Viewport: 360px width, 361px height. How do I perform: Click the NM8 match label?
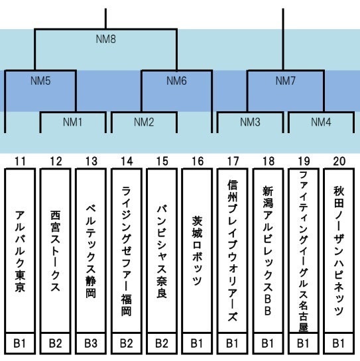click(106, 39)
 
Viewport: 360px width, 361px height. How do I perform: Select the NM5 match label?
click(40, 81)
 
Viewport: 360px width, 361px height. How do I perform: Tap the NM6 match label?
click(176, 81)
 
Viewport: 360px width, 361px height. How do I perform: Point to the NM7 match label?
click(286, 81)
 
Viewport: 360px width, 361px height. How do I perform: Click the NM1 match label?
click(73, 122)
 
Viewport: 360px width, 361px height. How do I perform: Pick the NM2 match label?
click(144, 122)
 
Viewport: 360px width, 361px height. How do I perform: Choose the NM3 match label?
click(250, 122)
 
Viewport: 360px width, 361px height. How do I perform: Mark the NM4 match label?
click(321, 122)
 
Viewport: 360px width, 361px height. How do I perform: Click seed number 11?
click(20, 162)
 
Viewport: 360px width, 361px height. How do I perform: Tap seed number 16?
click(198, 162)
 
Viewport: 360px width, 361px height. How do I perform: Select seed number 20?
click(339, 162)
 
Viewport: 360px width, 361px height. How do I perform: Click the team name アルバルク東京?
click(20, 251)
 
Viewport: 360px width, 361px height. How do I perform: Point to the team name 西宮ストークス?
click(55, 251)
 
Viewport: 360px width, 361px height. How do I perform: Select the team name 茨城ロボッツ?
click(198, 251)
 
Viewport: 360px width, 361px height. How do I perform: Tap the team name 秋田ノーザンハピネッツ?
click(339, 251)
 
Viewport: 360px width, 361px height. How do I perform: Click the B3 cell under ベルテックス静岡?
click(91, 343)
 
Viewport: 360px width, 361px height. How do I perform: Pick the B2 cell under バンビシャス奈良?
click(162, 343)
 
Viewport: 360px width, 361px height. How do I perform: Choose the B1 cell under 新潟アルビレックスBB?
click(268, 343)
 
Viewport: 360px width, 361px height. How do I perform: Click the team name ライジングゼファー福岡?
click(127, 251)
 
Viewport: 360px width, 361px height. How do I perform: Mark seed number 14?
click(127, 162)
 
